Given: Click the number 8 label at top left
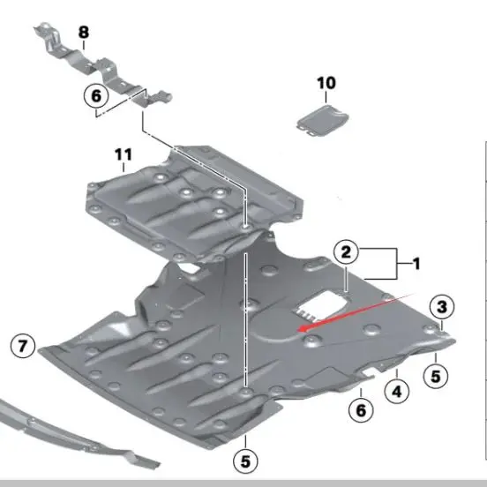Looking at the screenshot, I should click(x=84, y=33).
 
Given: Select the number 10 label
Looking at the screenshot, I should click(x=326, y=83).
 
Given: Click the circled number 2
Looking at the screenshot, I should click(x=346, y=254).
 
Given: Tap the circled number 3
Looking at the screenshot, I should click(x=441, y=307).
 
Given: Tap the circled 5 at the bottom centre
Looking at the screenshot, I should click(x=246, y=459).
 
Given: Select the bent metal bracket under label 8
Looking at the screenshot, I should click(x=97, y=67).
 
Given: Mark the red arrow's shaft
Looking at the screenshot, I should click(x=362, y=309).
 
